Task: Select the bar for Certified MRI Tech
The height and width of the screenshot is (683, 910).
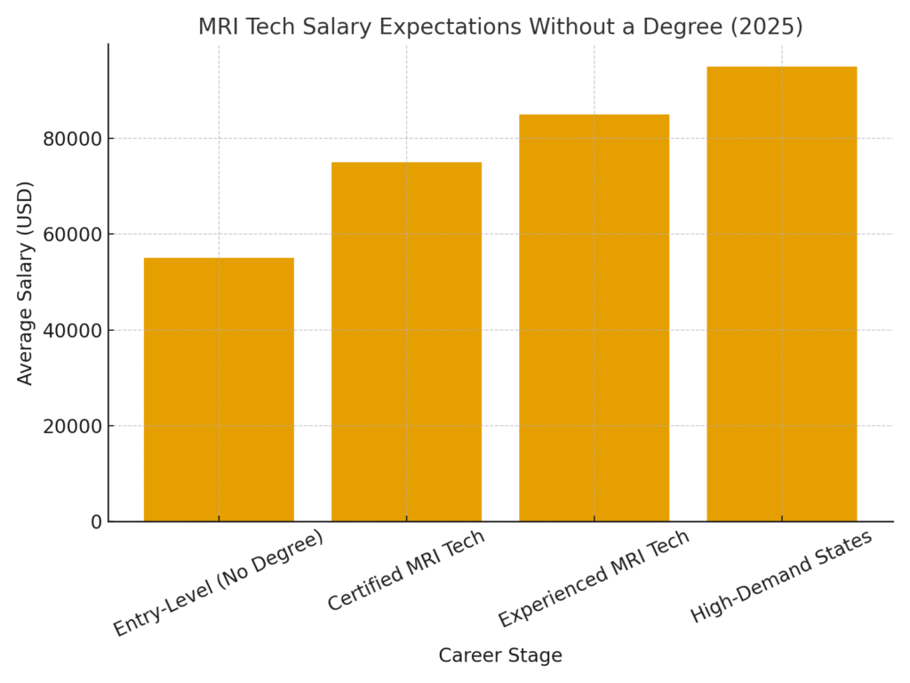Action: coord(406,341)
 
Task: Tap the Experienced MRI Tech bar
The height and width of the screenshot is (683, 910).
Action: coord(594,317)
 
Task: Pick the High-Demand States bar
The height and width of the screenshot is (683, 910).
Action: coord(781,293)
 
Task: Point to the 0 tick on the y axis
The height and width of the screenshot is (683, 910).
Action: coord(96,522)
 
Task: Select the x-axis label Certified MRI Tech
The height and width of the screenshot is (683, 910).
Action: coord(406,570)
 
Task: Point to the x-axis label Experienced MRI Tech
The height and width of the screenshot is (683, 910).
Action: coord(594,578)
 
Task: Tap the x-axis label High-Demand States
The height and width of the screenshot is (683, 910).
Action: coord(781,575)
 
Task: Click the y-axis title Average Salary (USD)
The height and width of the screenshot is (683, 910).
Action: coord(26,283)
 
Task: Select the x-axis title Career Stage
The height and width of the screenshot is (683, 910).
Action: coord(500,655)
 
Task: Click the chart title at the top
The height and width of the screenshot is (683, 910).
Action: coord(500,27)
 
